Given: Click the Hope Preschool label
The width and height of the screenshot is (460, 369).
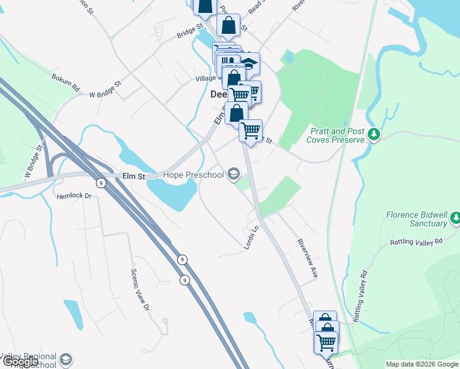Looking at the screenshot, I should [x=194, y=175].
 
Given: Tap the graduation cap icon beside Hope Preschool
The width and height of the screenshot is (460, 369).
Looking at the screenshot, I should [x=233, y=175].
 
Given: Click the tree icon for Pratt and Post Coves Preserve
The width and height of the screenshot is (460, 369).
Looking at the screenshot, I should [x=373, y=134].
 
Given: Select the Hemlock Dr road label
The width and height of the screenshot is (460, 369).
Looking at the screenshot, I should [x=74, y=196].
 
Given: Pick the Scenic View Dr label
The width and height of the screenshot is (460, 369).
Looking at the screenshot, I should [x=140, y=290].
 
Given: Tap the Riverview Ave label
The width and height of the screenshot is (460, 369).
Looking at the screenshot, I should [x=307, y=258].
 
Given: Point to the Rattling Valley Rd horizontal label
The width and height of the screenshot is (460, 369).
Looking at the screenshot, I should [x=416, y=242].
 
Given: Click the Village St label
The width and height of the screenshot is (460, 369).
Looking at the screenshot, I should [x=206, y=79].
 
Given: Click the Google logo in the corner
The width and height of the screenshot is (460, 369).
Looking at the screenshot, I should [x=20, y=362].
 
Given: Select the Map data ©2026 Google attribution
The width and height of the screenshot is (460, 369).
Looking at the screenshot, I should [x=421, y=364].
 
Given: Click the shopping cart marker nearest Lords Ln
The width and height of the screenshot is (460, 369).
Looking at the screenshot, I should [x=250, y=130].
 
